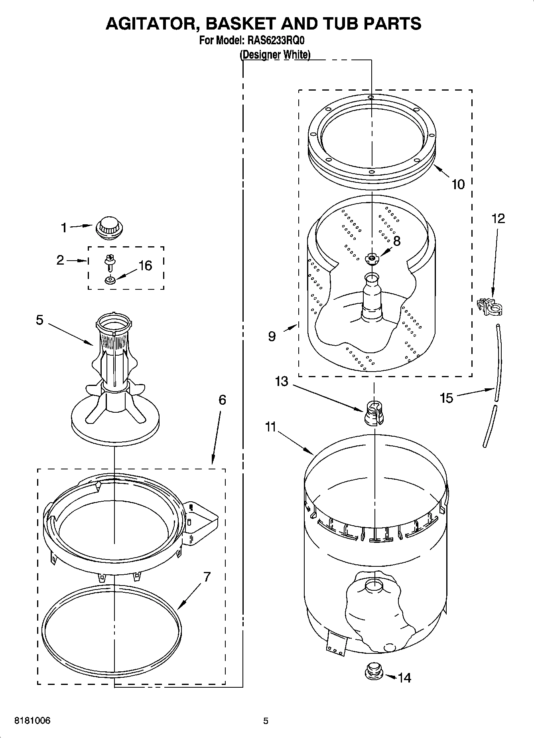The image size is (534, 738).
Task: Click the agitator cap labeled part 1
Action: click(x=109, y=228)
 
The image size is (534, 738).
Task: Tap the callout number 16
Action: click(x=145, y=265)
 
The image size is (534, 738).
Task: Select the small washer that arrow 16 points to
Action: click(x=110, y=280)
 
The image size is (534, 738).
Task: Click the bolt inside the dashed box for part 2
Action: click(x=108, y=261)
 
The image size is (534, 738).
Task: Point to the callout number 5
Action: click(x=39, y=320)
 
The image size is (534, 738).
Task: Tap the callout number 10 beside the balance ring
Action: click(x=458, y=184)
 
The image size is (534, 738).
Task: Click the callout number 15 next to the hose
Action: click(x=447, y=398)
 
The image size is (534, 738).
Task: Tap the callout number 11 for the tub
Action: click(x=270, y=427)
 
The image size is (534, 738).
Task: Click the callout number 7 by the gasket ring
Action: click(x=207, y=577)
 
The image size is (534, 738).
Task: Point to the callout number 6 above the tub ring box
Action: click(x=222, y=400)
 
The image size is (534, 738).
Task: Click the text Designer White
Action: click(x=275, y=55)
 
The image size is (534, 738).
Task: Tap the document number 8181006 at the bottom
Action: click(x=32, y=721)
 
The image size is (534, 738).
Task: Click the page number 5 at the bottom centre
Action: click(x=266, y=721)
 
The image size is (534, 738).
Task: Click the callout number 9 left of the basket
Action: click(x=271, y=336)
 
